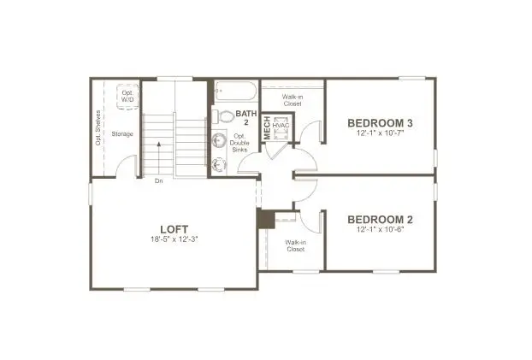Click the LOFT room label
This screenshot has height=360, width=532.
click(174, 229)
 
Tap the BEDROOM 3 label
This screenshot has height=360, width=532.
click(380, 123)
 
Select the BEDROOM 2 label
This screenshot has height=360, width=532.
click(380, 220)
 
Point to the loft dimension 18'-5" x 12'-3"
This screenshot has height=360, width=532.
click(174, 239)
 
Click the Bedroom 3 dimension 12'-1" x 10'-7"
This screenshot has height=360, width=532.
click(380, 133)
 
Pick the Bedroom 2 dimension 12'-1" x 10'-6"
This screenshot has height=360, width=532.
click(380, 229)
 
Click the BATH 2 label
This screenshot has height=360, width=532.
click(246, 118)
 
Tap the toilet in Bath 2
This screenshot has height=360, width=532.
click(223, 116)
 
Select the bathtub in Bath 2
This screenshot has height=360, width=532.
click(236, 91)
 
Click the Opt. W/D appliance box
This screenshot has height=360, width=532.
click(127, 97)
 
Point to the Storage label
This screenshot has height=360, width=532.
click(122, 134)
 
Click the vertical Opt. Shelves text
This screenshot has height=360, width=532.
click(98, 128)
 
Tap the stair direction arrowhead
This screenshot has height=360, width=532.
click(159, 144)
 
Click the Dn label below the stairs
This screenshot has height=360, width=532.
click(159, 180)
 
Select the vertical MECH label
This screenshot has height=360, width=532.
click(268, 127)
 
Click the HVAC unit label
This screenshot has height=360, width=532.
click(281, 126)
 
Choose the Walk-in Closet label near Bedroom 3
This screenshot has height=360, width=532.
click(293, 100)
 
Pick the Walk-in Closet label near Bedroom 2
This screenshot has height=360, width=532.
click(296, 245)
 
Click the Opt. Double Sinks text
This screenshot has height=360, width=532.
click(239, 143)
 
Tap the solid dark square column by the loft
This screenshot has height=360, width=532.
click(267, 219)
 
